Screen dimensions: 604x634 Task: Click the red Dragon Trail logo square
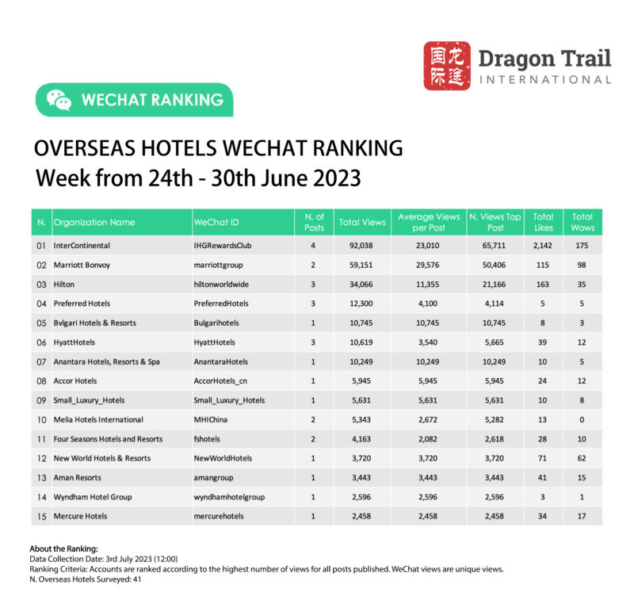[x=447, y=66]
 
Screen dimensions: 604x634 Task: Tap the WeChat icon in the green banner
[x=59, y=100]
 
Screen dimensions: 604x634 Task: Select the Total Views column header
[x=362, y=223]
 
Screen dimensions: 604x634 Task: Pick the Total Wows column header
[x=582, y=222]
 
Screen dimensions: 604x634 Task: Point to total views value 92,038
[x=362, y=247]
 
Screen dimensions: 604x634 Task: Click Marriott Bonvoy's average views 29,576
[x=428, y=266]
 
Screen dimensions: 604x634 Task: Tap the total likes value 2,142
[x=543, y=247]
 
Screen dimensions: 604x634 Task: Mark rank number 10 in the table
[x=41, y=420]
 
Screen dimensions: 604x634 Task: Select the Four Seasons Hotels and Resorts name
[x=108, y=439]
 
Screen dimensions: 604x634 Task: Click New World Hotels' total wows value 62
[x=582, y=458]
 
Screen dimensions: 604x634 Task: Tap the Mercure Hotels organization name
[x=80, y=516]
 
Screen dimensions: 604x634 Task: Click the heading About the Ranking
[x=63, y=549]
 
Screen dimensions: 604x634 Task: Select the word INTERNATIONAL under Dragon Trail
[x=545, y=79]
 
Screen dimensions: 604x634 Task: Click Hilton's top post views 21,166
[x=495, y=285]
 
